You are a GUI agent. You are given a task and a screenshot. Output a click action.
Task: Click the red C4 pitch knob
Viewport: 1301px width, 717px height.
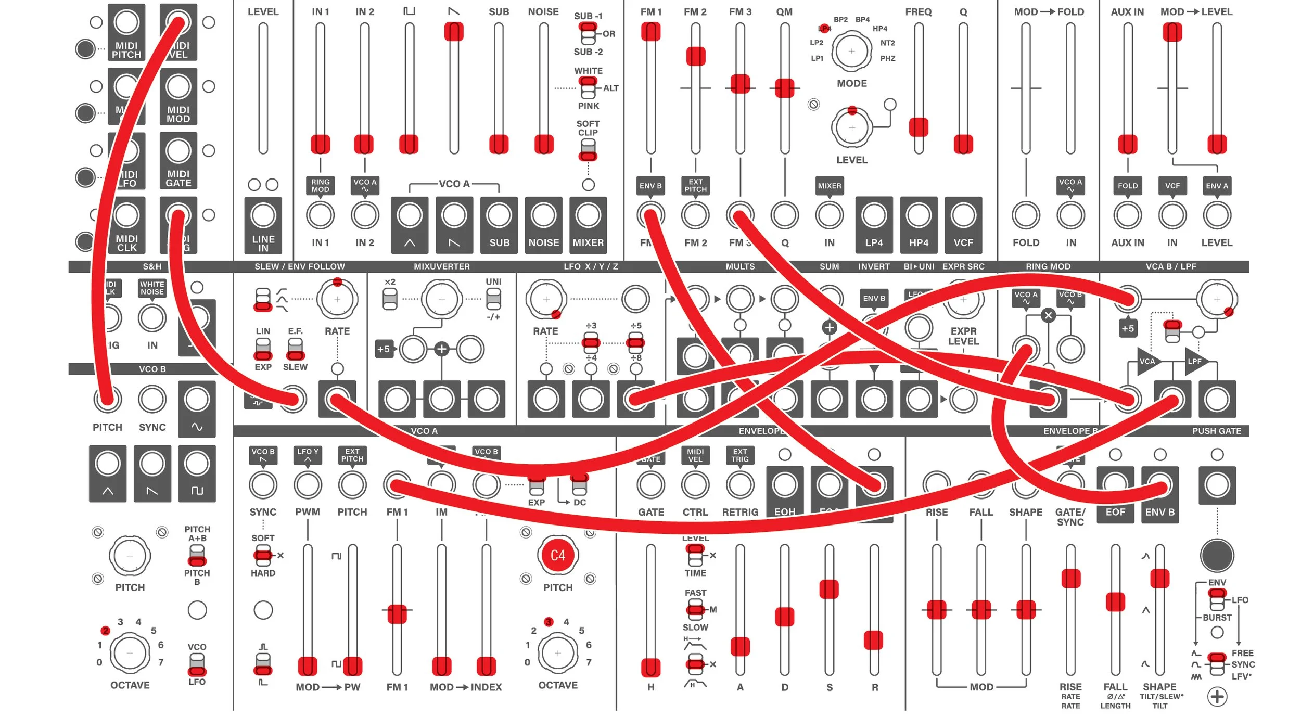[x=557, y=555]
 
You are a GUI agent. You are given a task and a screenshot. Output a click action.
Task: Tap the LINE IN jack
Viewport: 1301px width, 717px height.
[x=263, y=215]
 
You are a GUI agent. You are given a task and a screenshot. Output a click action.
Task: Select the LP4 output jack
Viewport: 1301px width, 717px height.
[x=874, y=215]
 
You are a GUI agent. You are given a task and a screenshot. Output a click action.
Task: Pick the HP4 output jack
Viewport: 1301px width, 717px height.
[x=919, y=215]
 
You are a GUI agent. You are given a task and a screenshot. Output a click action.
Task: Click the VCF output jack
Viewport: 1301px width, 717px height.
[x=963, y=215]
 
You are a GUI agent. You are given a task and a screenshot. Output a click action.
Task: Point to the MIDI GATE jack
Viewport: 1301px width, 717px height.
[x=178, y=151]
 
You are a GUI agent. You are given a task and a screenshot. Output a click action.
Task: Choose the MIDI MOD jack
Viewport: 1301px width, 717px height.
[x=178, y=87]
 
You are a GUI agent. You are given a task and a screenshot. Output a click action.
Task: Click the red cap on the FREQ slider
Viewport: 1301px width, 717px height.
[x=919, y=127]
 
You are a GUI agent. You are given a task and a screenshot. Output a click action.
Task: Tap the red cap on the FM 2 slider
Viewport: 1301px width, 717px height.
[x=695, y=56]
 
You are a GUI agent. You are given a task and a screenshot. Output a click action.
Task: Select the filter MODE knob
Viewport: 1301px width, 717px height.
[x=851, y=51]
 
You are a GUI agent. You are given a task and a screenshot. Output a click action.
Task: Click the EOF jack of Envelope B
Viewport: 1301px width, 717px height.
[x=1115, y=485]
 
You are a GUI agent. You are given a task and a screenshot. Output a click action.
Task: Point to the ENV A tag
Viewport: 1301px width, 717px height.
[x=1217, y=186]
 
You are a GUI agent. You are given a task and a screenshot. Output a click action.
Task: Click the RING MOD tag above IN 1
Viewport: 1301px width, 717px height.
[x=320, y=186]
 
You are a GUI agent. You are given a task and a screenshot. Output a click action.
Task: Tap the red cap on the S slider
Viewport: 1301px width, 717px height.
[x=829, y=589]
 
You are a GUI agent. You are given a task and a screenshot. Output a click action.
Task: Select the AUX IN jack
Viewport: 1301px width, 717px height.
[x=1127, y=215]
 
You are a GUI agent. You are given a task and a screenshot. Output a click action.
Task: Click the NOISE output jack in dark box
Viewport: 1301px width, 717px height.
[x=543, y=215]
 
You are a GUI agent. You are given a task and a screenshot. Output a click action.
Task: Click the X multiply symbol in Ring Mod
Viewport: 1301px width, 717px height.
[x=1048, y=315]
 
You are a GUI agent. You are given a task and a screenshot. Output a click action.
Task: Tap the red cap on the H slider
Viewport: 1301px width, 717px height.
[x=650, y=668]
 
